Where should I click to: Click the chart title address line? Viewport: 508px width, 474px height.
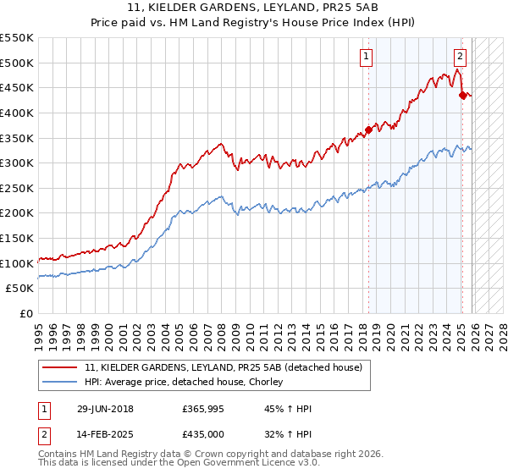tap(254, 8)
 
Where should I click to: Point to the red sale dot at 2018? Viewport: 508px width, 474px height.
tap(368, 130)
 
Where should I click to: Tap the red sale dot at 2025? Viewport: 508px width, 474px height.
tap(462, 95)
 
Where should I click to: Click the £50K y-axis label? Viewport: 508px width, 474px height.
tap(20, 289)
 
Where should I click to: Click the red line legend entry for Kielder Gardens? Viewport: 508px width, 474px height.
tap(224, 367)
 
